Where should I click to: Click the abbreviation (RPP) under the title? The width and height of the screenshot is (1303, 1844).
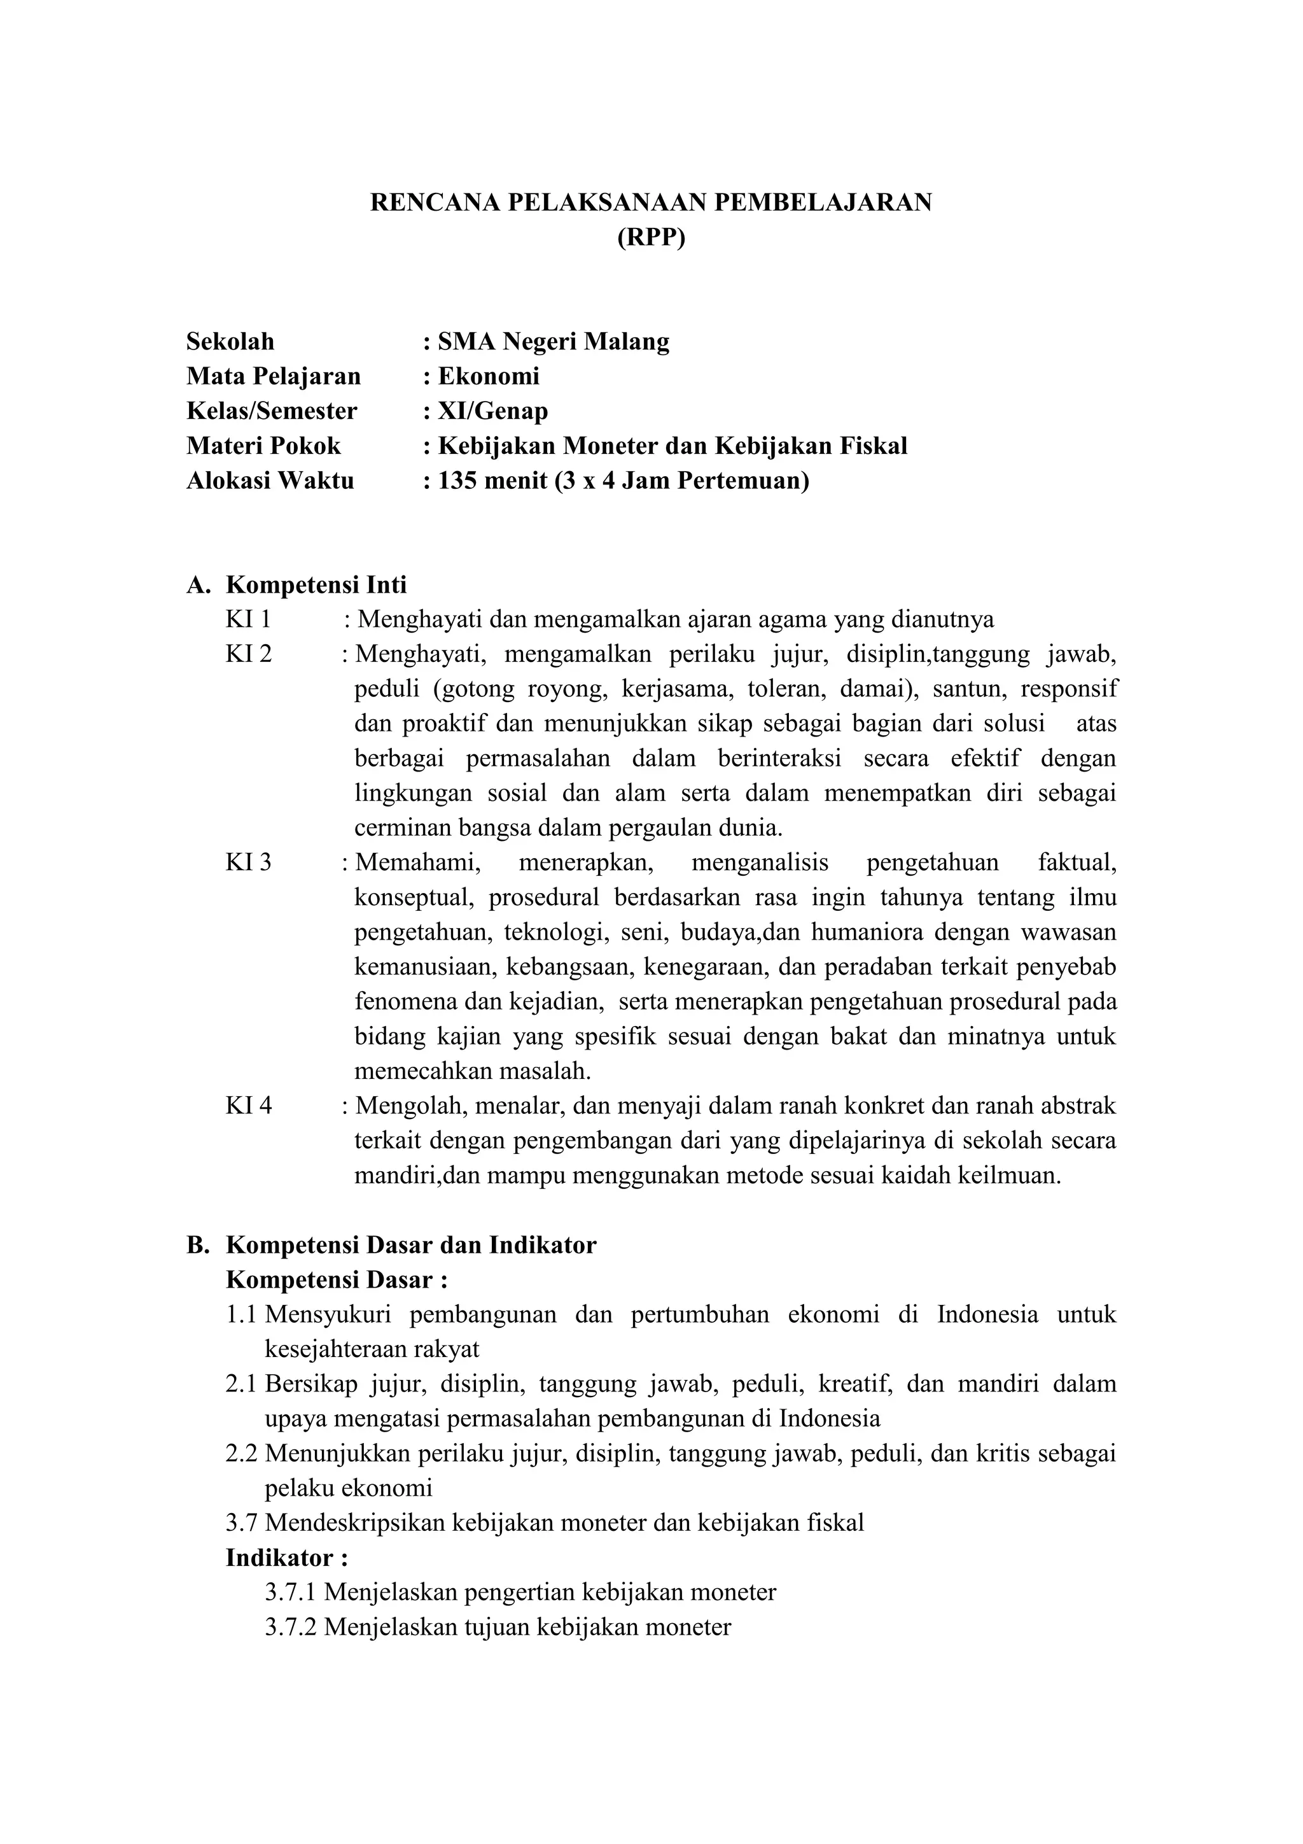click(651, 239)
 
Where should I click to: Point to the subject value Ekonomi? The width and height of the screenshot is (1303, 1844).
click(489, 376)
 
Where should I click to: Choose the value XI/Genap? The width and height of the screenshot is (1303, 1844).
click(493, 411)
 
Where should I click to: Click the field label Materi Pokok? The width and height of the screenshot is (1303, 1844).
click(263, 446)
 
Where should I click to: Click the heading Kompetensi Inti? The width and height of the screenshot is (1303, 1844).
click(316, 585)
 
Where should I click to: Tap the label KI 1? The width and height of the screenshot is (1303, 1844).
click(248, 619)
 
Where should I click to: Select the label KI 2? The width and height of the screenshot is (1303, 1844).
click(249, 654)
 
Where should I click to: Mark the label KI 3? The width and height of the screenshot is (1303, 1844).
click(249, 862)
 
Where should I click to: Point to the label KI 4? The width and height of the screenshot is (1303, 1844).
click(249, 1106)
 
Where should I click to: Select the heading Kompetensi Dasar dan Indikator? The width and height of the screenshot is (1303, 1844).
click(411, 1245)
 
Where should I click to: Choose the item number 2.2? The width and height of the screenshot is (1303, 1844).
click(242, 1454)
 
